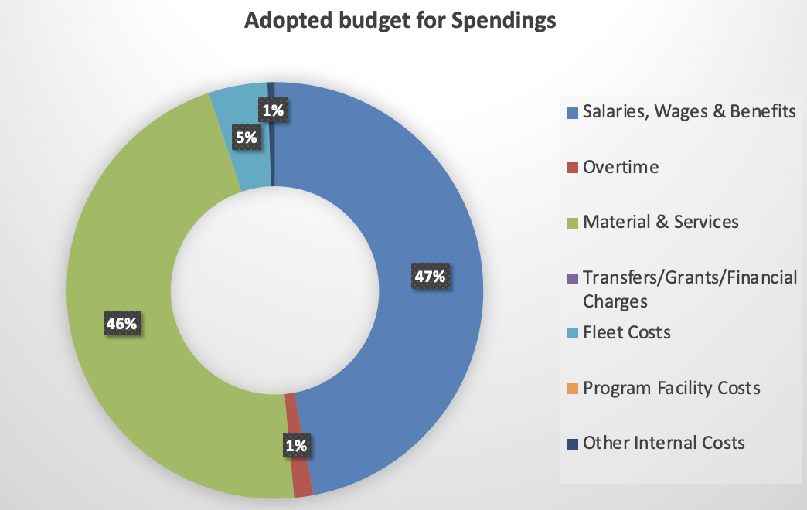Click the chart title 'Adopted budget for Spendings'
400,21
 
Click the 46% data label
121,323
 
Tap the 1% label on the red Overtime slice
296,445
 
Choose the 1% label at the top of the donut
272,110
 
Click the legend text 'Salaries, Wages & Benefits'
689,112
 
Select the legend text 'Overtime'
621,167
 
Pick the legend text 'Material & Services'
661,222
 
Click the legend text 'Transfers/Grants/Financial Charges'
690,288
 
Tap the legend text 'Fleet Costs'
626,332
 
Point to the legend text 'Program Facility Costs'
671,387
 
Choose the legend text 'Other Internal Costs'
663,443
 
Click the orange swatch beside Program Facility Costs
573,388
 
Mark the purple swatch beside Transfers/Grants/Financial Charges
573,278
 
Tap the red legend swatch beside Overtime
573,168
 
